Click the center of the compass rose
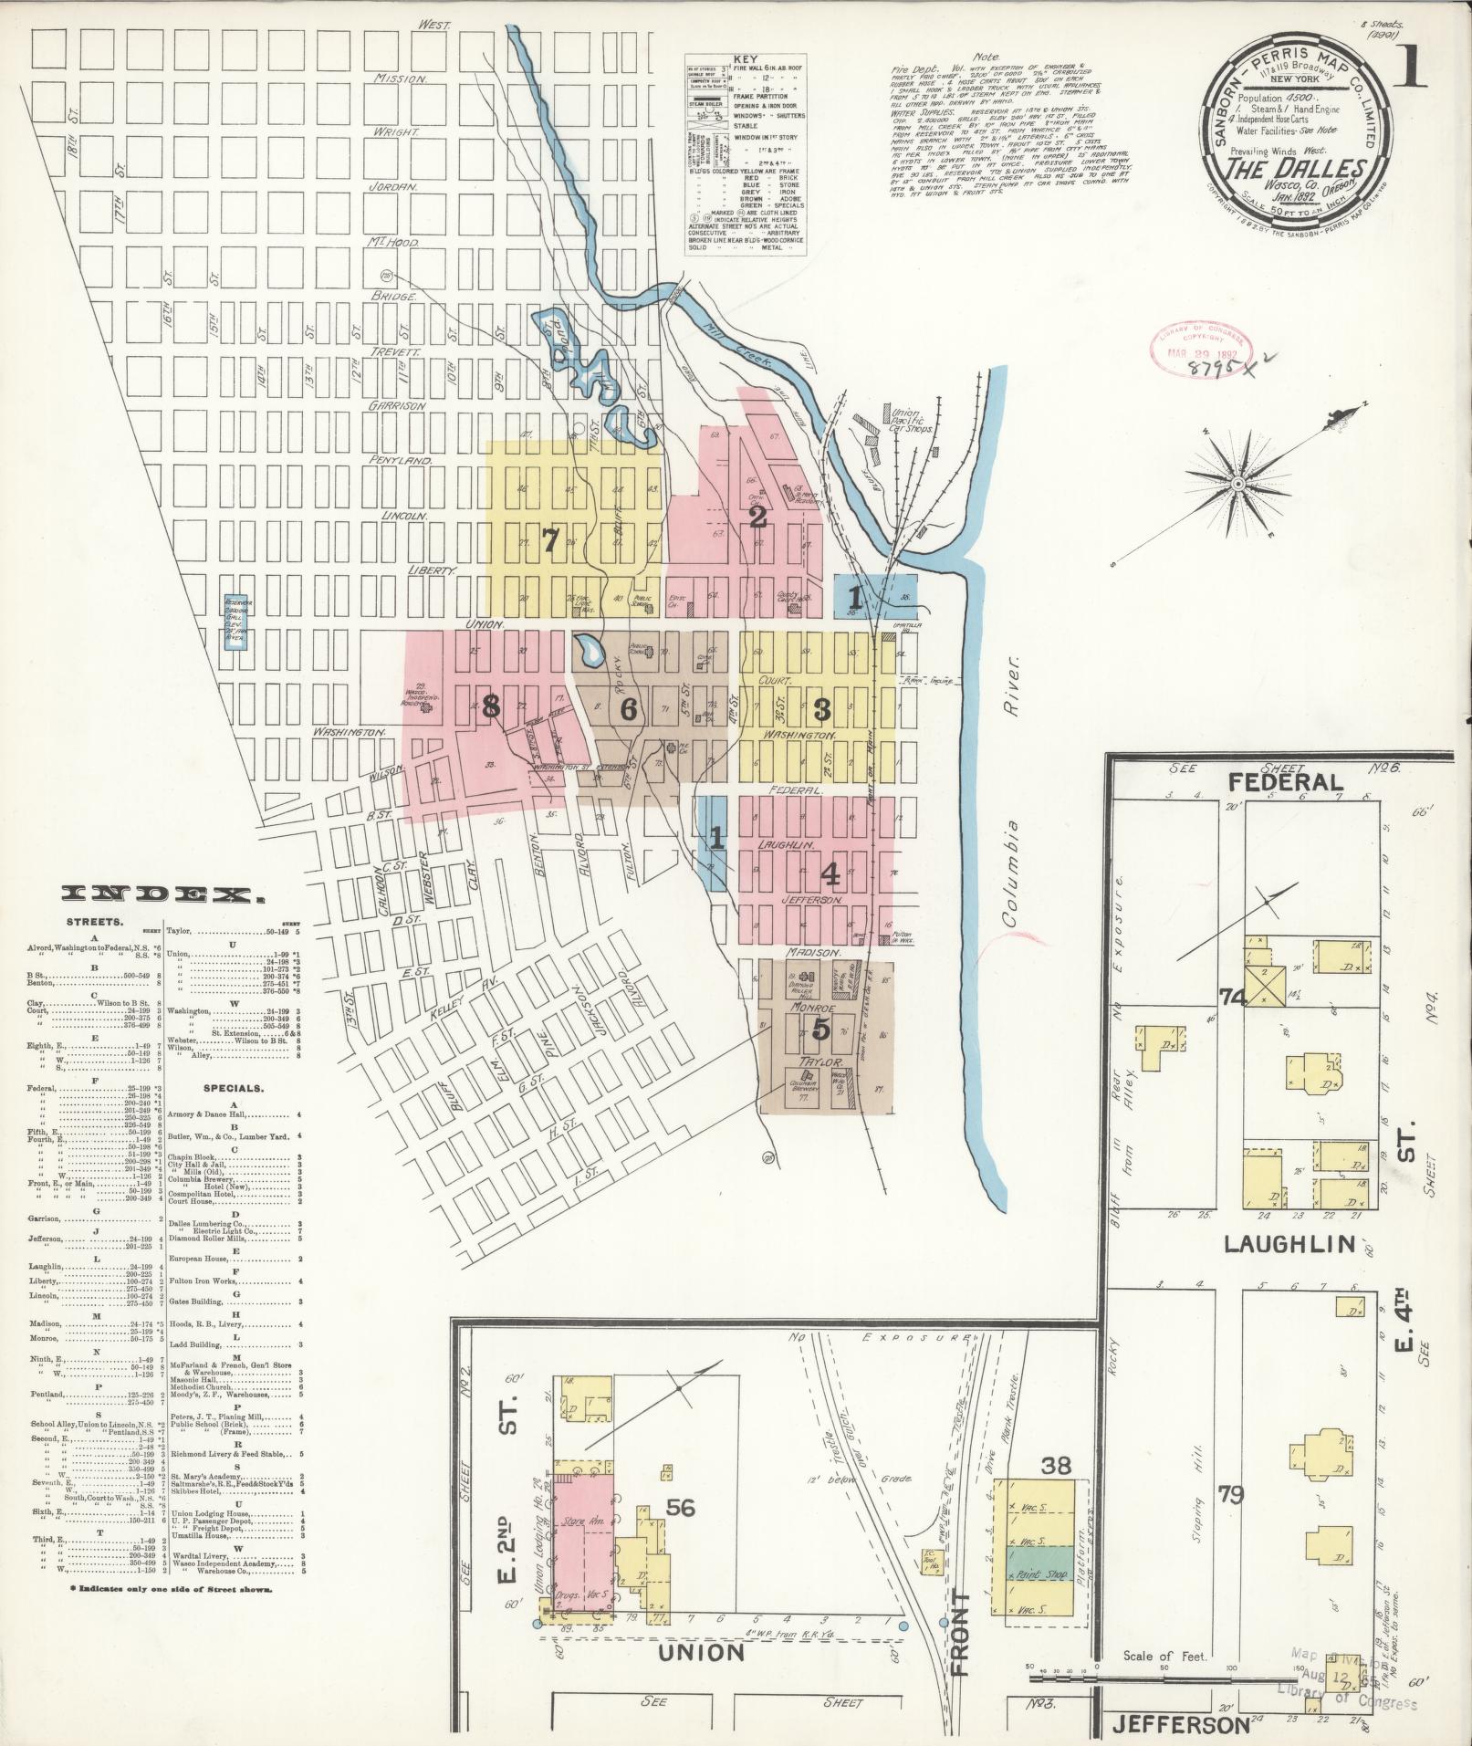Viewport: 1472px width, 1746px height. tap(1238, 483)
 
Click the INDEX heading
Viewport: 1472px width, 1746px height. tap(163, 894)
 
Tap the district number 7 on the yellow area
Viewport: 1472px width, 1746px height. tap(548, 541)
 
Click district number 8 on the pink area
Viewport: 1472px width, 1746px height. tap(491, 706)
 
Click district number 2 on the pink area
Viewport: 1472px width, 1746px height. tap(757, 518)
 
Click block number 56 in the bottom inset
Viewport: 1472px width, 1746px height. tap(681, 1507)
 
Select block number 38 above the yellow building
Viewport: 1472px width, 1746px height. tap(1057, 1467)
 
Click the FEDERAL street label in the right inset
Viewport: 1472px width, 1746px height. tap(1285, 782)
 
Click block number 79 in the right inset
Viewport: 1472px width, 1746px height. tap(1231, 1495)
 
